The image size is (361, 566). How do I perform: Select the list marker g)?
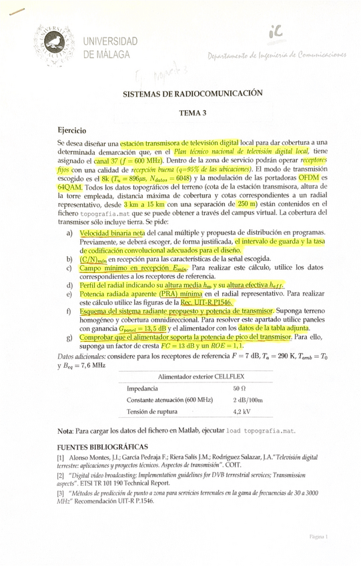tap(69, 338)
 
